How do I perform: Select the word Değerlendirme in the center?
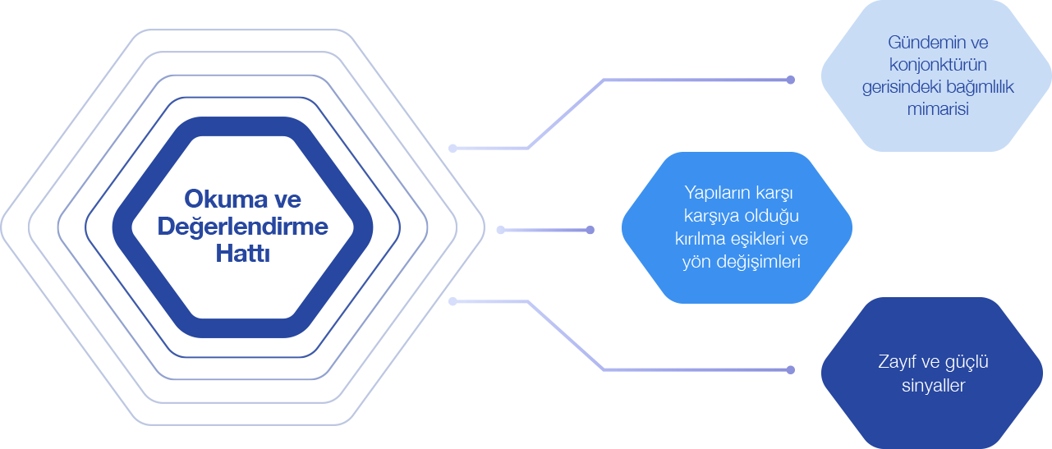243,227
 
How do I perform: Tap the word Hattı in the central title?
243,254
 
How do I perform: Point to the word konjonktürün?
938,64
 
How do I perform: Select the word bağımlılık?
980,87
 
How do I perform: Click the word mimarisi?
938,109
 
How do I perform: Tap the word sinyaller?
934,385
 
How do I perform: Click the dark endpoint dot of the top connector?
790,80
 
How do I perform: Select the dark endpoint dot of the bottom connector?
790,369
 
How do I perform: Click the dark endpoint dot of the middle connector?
590,230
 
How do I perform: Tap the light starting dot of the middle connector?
501,230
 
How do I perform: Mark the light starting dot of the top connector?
452,149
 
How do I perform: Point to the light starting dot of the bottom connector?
452,301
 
